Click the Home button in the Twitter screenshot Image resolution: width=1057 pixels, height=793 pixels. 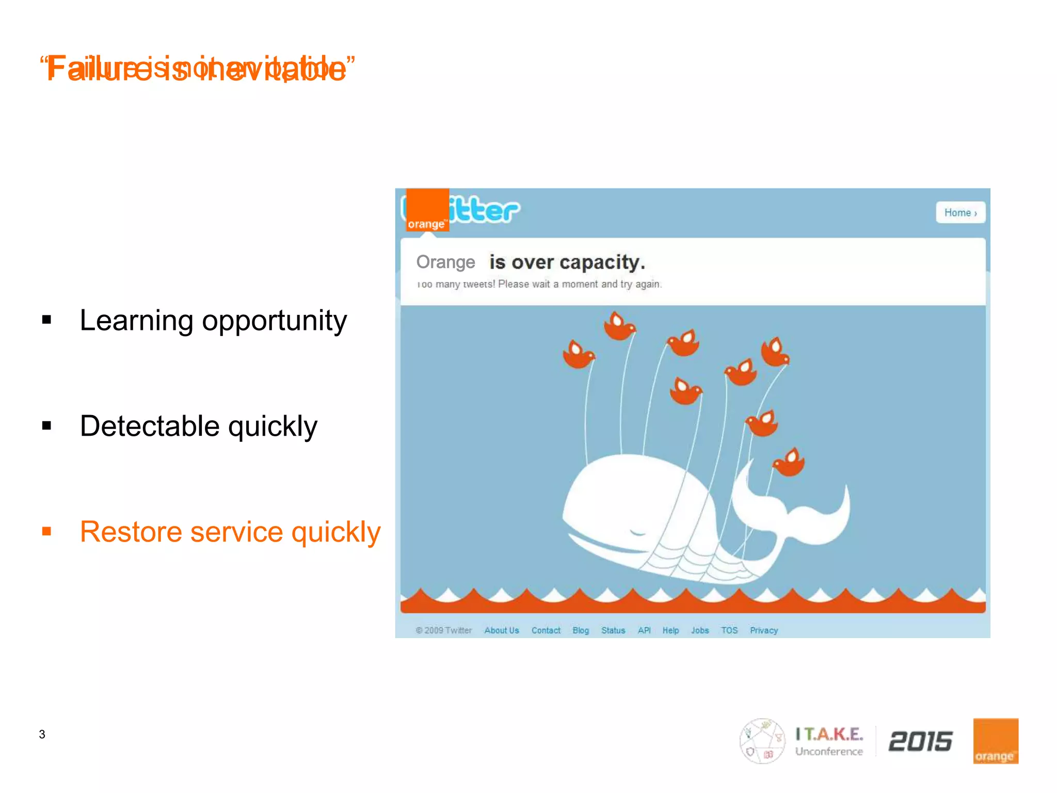[x=960, y=213]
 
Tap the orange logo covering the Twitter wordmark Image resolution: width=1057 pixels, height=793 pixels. [x=427, y=210]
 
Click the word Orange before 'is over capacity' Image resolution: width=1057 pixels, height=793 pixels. [x=445, y=262]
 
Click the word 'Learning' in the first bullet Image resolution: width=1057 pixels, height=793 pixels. [x=136, y=321]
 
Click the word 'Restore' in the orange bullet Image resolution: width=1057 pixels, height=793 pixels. [x=131, y=532]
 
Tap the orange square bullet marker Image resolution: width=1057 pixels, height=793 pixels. [x=47, y=531]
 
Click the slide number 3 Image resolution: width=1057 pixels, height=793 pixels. [x=42, y=734]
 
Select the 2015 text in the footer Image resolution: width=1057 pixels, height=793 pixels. [x=920, y=742]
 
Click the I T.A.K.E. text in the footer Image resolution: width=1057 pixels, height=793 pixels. [x=829, y=734]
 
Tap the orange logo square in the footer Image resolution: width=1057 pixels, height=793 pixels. [x=995, y=741]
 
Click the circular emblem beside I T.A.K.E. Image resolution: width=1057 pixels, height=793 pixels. [x=762, y=741]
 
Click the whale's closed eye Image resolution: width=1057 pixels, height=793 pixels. [x=638, y=532]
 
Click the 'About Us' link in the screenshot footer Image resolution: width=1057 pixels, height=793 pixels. [x=501, y=630]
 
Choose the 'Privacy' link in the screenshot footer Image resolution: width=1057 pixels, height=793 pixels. [x=763, y=630]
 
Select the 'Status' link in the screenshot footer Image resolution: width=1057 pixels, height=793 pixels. [x=613, y=630]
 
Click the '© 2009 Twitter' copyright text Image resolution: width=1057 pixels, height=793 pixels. [x=443, y=630]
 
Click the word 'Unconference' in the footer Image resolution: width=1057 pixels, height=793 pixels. [x=829, y=752]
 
